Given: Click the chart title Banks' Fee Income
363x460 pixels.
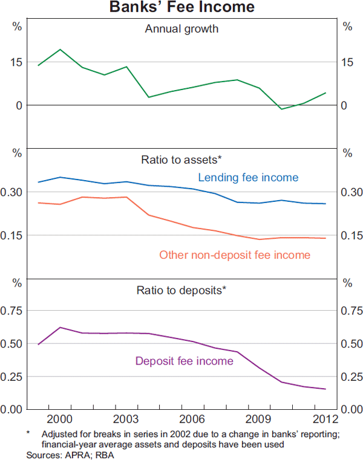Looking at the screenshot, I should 181,8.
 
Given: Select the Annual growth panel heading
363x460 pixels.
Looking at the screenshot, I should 181,29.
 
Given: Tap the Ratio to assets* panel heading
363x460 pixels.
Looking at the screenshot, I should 181,160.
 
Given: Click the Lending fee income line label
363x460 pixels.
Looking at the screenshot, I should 248,177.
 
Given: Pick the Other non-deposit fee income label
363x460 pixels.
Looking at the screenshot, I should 235,255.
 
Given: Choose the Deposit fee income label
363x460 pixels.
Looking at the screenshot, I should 184,361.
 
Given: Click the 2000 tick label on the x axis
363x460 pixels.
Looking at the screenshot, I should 60,420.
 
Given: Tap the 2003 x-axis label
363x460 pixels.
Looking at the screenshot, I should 126,420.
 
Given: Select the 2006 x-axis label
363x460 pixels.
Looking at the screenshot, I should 192,420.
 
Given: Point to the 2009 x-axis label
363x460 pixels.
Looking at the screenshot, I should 259,420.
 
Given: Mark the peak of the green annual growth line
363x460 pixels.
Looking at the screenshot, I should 60,50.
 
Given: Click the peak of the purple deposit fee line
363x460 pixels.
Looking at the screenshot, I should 60,327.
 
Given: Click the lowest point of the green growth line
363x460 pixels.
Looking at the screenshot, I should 281,109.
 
